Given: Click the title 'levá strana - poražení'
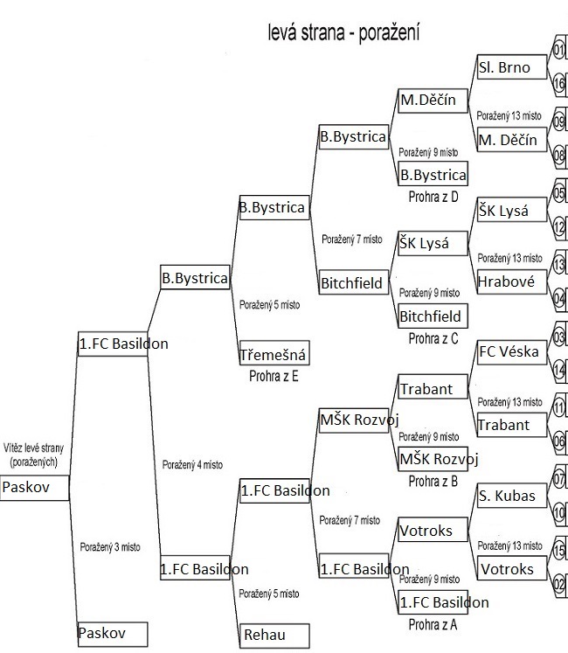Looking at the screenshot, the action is [343, 32].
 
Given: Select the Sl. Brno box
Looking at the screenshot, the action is [511, 66].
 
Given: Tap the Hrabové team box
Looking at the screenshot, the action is [511, 282].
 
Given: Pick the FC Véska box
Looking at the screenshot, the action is [511, 352].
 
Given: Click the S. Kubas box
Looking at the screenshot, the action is [511, 496].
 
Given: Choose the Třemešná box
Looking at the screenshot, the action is [274, 353].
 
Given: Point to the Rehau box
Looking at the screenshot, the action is [274, 636].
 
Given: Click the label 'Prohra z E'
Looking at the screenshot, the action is [274, 376].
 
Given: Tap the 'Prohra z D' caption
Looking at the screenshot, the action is [433, 196].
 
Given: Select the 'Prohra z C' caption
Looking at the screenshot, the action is [433, 338].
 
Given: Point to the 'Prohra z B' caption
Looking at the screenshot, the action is [433, 481].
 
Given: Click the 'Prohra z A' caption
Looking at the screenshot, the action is [433, 624].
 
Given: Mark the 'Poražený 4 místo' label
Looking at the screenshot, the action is [192, 464].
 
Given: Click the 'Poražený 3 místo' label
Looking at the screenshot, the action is [110, 546].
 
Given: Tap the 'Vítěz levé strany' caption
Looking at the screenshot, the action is [33, 448].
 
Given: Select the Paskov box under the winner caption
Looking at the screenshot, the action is [35, 488].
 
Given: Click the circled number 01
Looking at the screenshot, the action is [559, 50].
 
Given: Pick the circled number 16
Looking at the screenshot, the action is [559, 83].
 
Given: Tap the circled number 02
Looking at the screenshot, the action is [559, 583].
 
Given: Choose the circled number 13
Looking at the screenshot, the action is [559, 264].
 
